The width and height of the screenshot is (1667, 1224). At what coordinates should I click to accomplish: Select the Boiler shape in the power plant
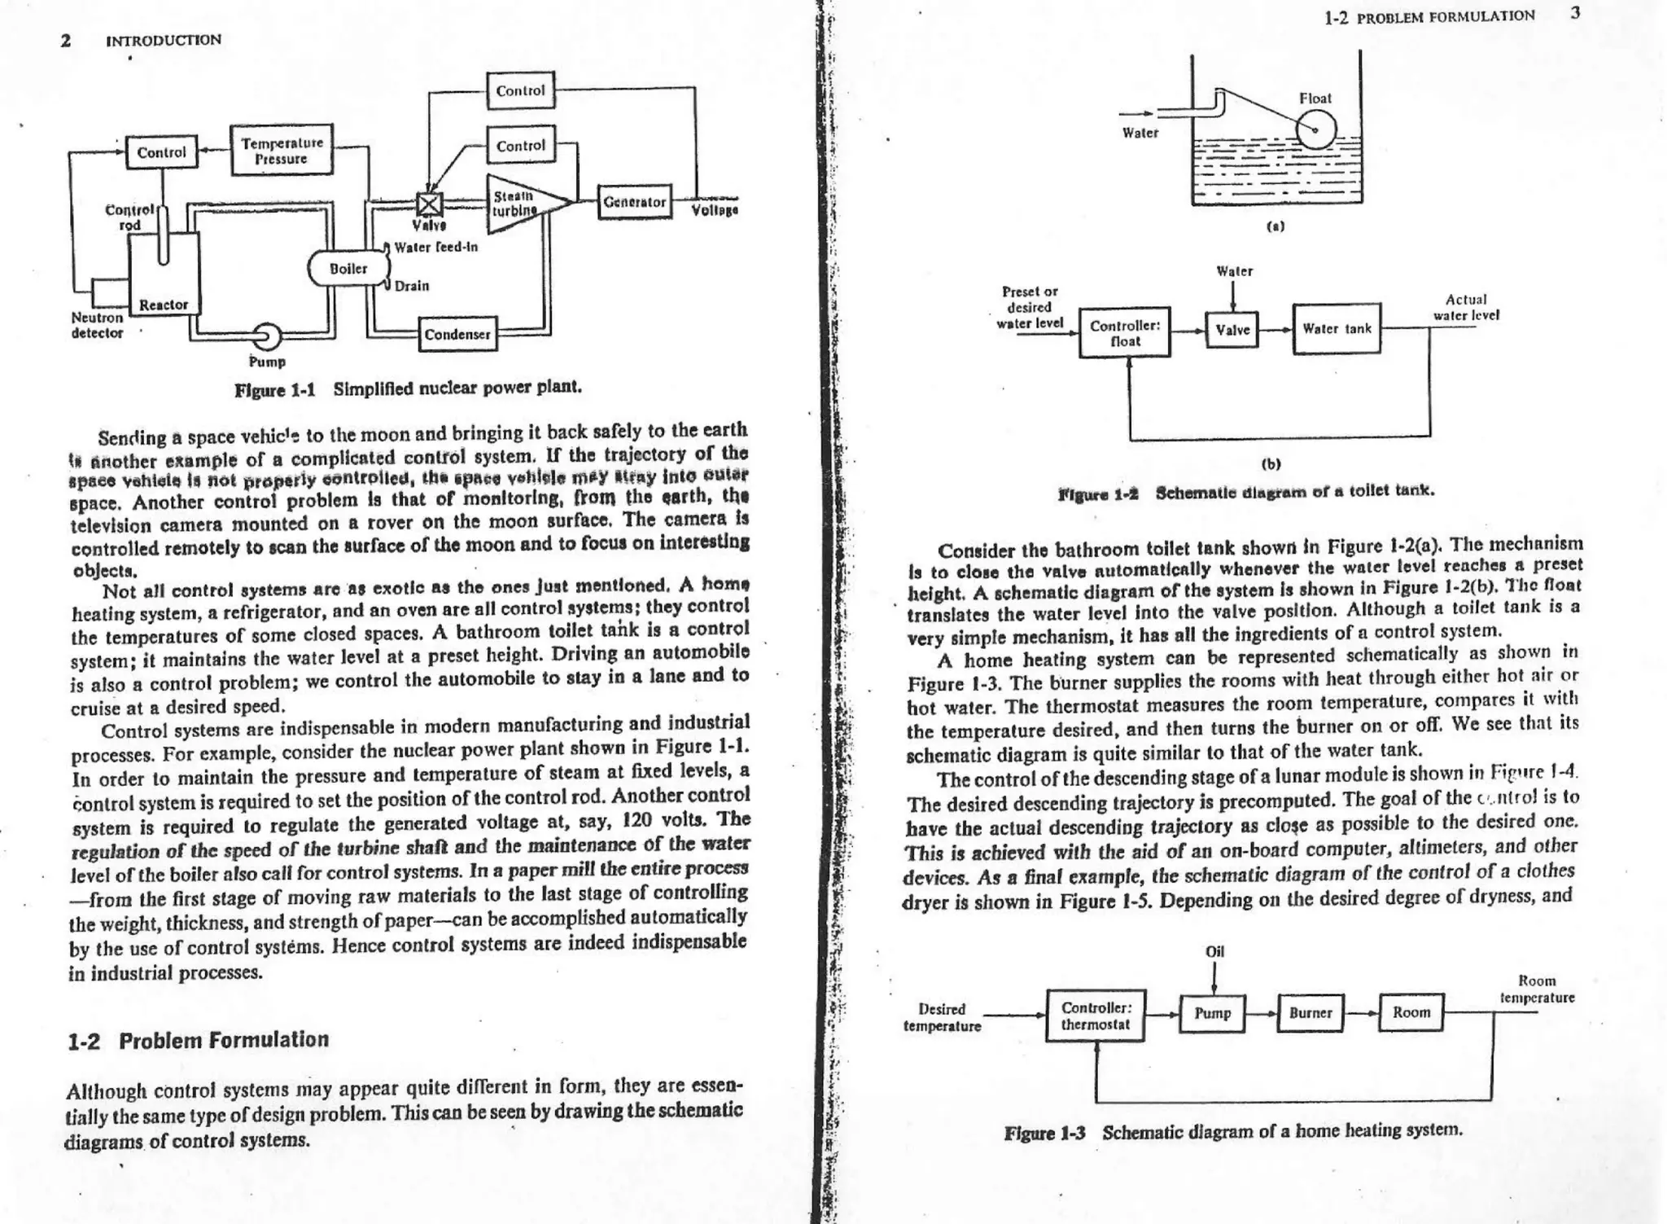click(348, 269)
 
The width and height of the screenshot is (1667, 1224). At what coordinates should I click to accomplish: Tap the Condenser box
click(457, 334)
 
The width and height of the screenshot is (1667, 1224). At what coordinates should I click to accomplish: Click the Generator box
click(635, 201)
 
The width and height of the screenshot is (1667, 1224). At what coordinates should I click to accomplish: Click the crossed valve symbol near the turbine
click(429, 204)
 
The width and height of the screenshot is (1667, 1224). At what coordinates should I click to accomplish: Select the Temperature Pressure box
click(282, 151)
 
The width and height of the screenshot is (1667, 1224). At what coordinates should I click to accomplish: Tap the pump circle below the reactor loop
click(266, 336)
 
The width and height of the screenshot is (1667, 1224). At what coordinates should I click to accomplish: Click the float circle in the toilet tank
click(1315, 129)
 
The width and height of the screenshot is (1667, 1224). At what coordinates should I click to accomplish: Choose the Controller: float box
click(1125, 332)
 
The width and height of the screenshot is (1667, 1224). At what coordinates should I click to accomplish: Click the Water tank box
click(1337, 329)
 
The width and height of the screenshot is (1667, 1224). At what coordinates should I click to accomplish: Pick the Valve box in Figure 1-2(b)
click(1232, 330)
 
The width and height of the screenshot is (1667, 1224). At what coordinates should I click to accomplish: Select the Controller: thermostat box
click(1095, 1016)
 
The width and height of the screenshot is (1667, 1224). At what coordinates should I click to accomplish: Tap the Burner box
click(1310, 1013)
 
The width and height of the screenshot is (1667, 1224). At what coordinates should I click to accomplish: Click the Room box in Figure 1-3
click(1411, 1012)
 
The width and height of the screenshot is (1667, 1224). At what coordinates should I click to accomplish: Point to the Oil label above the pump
click(1214, 951)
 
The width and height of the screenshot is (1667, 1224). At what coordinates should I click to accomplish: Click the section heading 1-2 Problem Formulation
click(199, 1040)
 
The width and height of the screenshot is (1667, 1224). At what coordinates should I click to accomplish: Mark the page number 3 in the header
click(1576, 13)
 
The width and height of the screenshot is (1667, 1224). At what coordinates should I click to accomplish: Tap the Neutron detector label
click(97, 325)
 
